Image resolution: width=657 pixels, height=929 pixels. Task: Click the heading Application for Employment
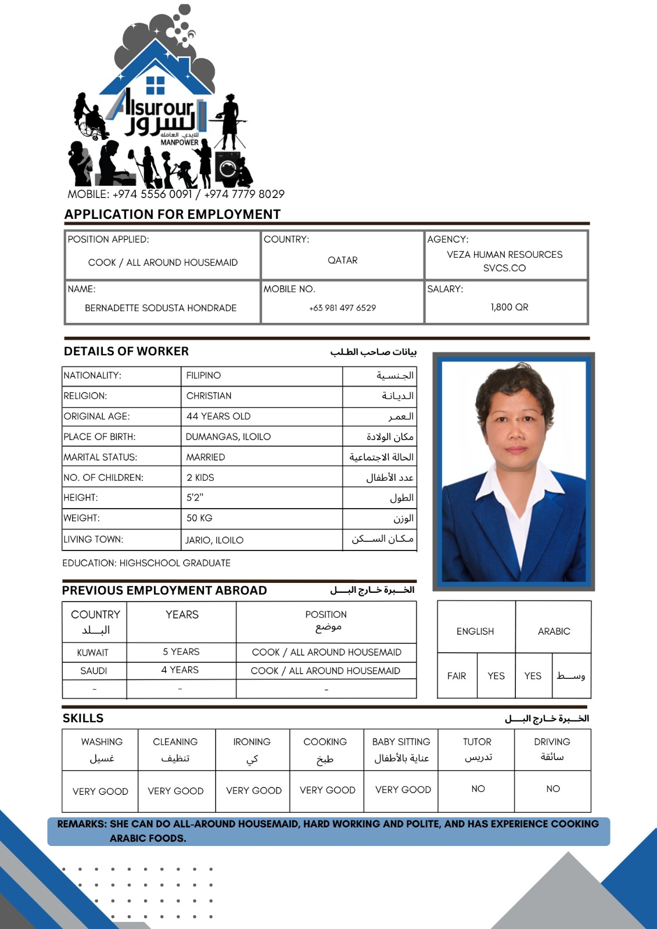click(x=173, y=214)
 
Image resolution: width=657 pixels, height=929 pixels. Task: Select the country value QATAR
click(x=343, y=260)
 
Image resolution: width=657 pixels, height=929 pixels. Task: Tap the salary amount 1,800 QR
click(x=509, y=307)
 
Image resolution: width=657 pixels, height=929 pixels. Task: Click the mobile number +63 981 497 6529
click(x=343, y=308)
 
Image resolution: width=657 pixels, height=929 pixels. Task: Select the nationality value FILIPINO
click(x=204, y=376)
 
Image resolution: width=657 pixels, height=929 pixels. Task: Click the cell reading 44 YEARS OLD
click(x=218, y=416)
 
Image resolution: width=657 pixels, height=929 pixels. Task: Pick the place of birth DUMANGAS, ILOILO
click(x=228, y=437)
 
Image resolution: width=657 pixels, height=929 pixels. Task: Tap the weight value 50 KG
click(x=199, y=518)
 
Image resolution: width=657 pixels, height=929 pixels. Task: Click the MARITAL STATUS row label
click(x=100, y=458)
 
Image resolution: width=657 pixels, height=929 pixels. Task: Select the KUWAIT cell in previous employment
click(x=93, y=653)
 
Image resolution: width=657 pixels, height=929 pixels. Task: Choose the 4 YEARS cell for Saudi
click(x=180, y=670)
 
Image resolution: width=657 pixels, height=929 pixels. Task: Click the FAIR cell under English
click(x=457, y=676)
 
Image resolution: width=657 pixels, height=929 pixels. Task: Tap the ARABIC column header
click(x=554, y=631)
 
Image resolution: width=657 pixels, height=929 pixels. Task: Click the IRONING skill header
click(x=252, y=742)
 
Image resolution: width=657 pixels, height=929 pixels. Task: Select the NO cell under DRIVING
click(x=553, y=789)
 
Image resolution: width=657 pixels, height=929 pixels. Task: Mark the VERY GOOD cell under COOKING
click(x=328, y=790)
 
